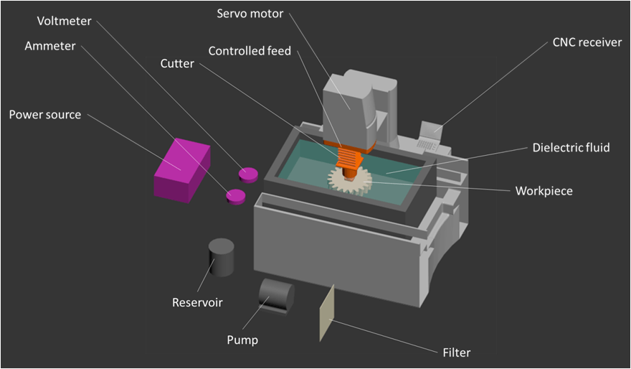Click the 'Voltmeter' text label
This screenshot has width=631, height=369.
coord(64,22)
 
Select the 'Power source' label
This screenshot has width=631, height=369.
coord(44,115)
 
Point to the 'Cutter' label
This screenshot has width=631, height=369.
coord(177,64)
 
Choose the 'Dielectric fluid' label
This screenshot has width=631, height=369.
coord(571,148)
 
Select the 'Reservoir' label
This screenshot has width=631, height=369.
coord(197,302)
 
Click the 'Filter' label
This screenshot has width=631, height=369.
coord(457,352)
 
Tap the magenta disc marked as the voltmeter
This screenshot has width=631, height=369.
coord(248,174)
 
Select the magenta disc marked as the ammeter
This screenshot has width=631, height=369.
coord(235,196)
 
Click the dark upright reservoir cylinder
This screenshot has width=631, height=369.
coord(221,257)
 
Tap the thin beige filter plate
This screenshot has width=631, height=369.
coord(326,312)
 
